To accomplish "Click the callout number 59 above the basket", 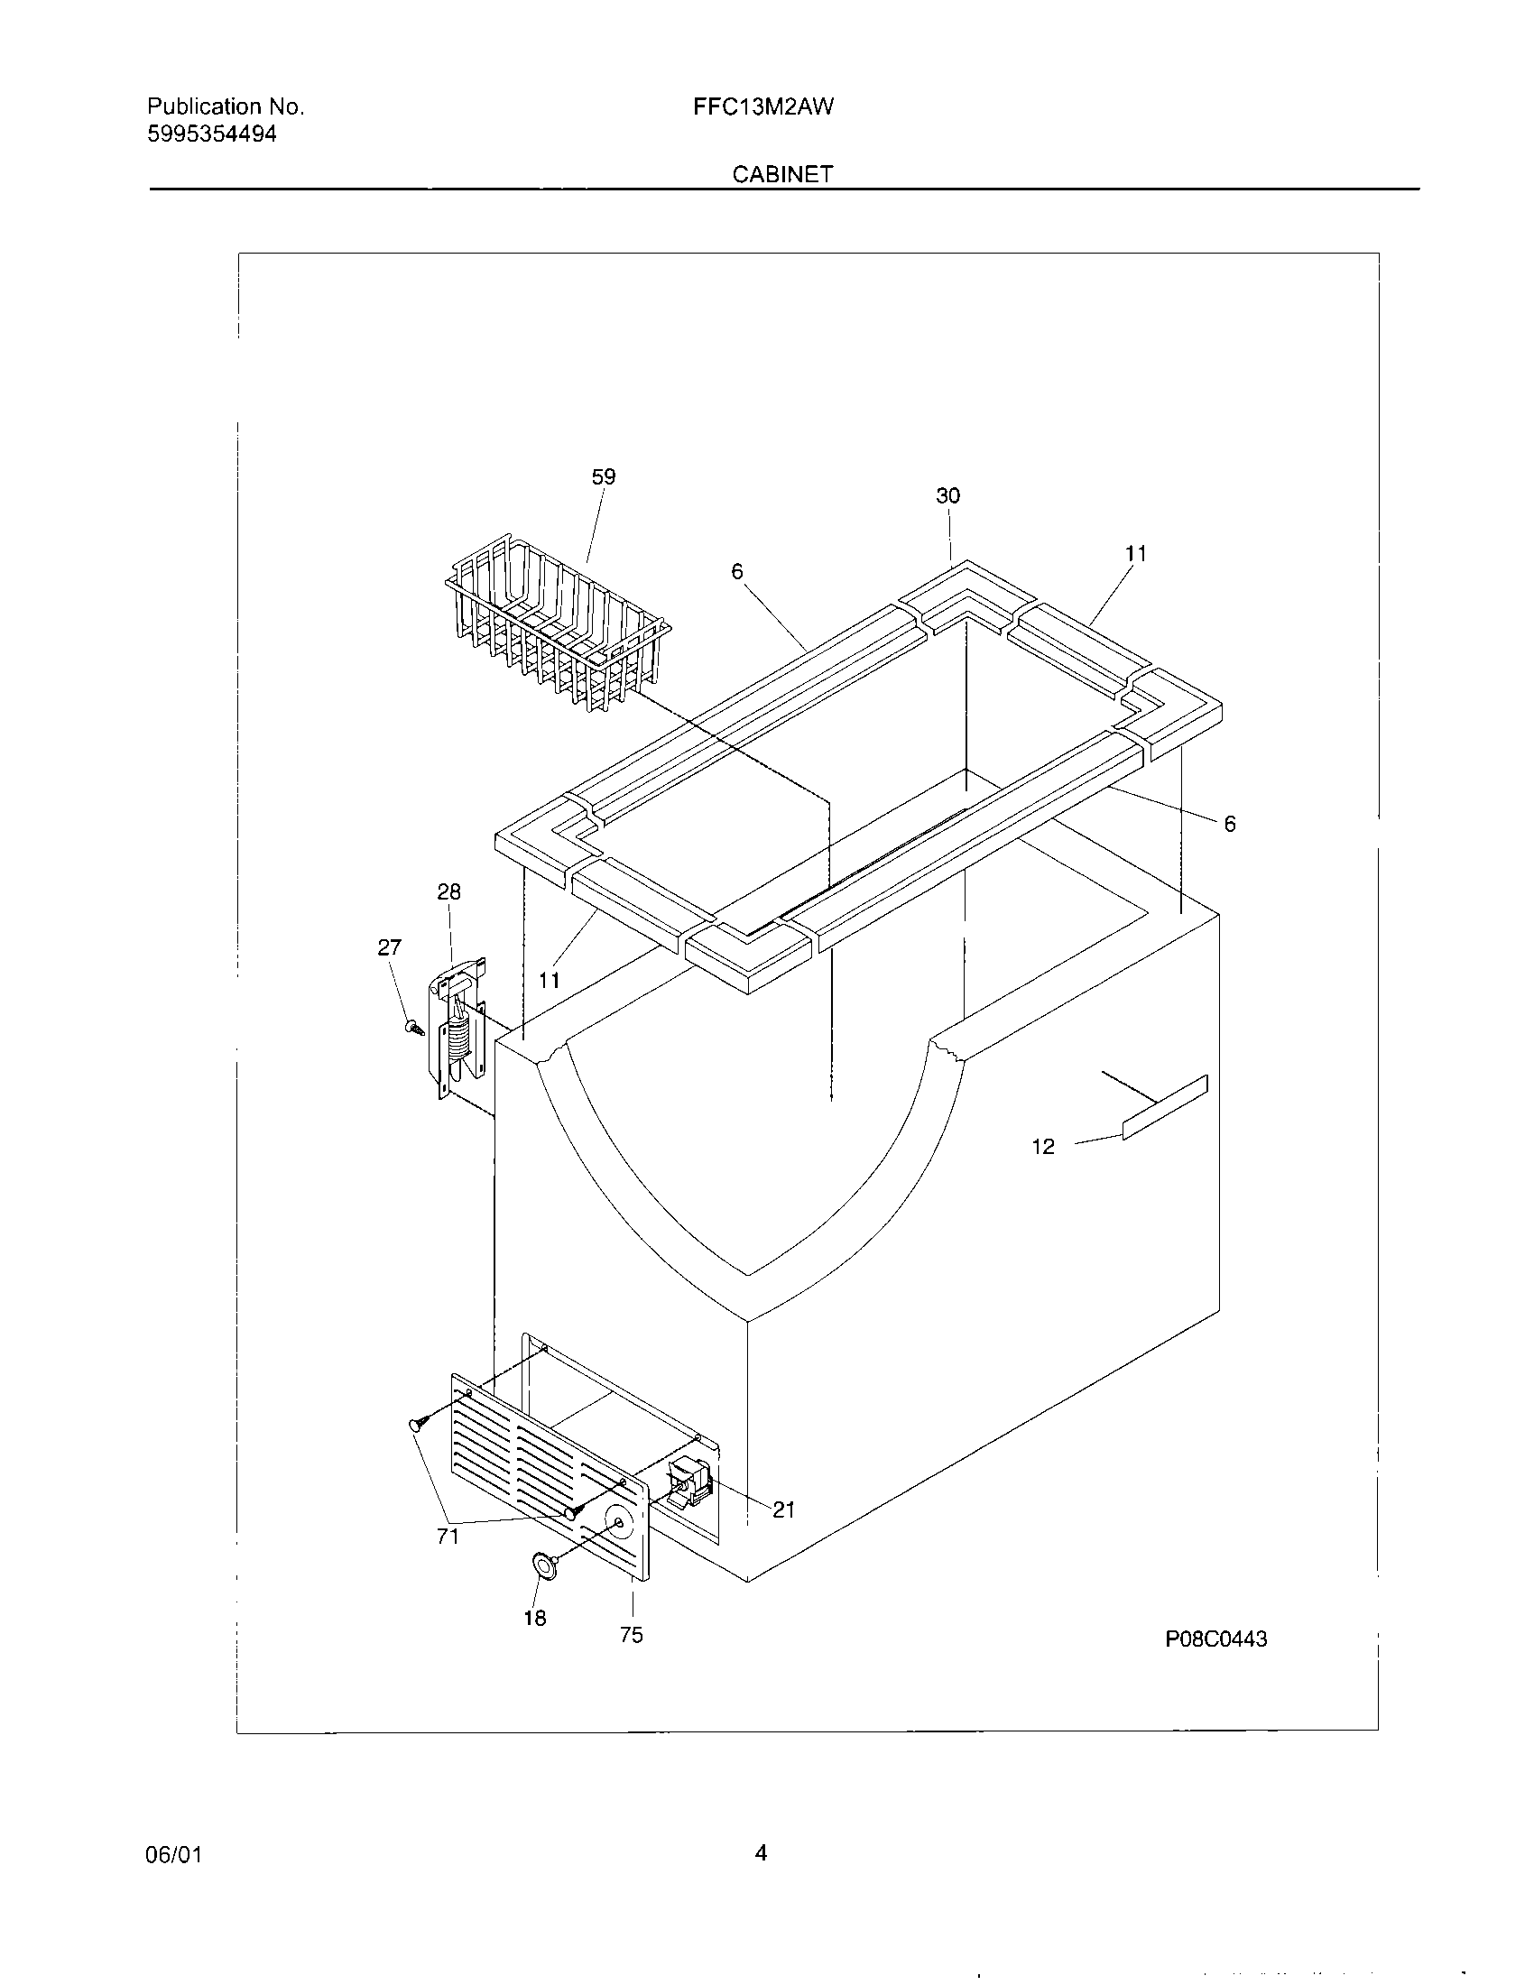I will pyautogui.click(x=604, y=477).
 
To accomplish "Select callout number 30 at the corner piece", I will pyautogui.click(x=947, y=496).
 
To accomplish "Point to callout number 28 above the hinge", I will pyautogui.click(x=449, y=891).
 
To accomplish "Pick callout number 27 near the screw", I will pyautogui.click(x=389, y=948).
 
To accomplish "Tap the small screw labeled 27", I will pyautogui.click(x=414, y=1028).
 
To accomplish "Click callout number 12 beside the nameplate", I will pyautogui.click(x=1043, y=1147).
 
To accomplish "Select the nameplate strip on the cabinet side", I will pyautogui.click(x=1165, y=1107).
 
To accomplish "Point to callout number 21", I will pyautogui.click(x=784, y=1510).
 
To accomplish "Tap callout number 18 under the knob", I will pyautogui.click(x=535, y=1619).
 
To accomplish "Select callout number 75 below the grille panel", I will pyautogui.click(x=632, y=1635).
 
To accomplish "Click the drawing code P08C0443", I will pyautogui.click(x=1216, y=1639).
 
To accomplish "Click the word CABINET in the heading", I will pyautogui.click(x=782, y=174).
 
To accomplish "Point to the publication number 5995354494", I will pyautogui.click(x=212, y=134).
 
